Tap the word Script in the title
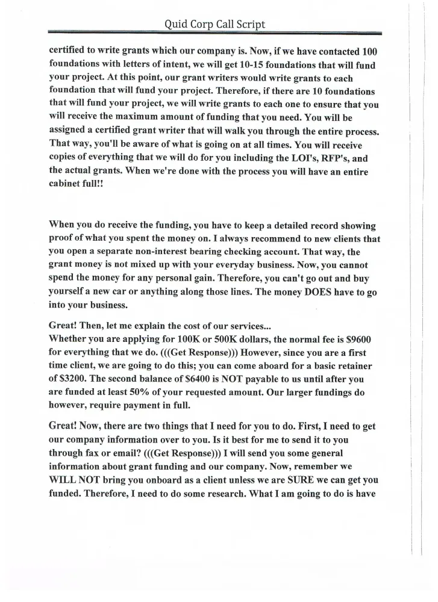[x=248, y=25]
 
